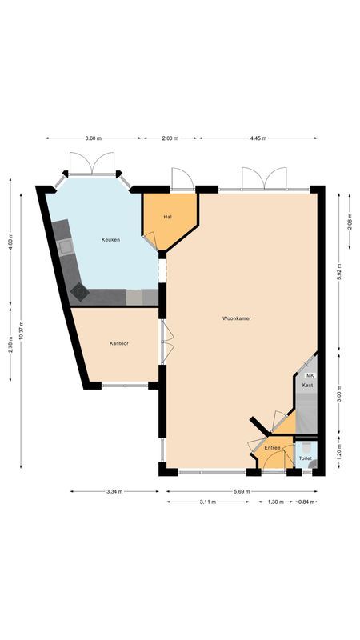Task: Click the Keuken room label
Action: click(x=110, y=240)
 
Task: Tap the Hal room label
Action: click(x=168, y=217)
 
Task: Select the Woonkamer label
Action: click(x=238, y=318)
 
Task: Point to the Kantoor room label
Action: click(x=119, y=343)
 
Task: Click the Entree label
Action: click(x=272, y=448)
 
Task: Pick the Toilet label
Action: click(x=305, y=458)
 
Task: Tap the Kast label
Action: click(x=307, y=386)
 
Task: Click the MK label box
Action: click(x=310, y=375)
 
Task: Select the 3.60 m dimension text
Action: click(x=94, y=138)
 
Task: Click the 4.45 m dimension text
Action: click(x=257, y=138)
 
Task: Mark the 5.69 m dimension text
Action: click(x=241, y=491)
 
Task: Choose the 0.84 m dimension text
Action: click(x=306, y=502)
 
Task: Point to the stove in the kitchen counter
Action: click(x=80, y=290)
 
